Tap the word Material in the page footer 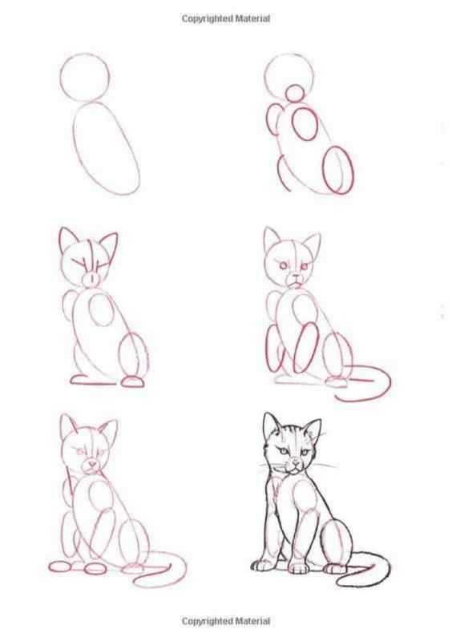coord(253,621)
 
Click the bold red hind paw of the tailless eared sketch coord(132,382)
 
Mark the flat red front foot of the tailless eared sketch coord(92,380)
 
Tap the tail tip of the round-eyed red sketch coord(336,397)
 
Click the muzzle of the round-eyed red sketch coord(297,279)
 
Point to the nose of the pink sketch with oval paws coord(92,464)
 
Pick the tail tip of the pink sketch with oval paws coord(135,581)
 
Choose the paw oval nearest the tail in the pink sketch coord(133,567)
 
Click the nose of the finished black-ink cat coord(296,463)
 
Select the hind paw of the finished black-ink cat coord(335,569)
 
